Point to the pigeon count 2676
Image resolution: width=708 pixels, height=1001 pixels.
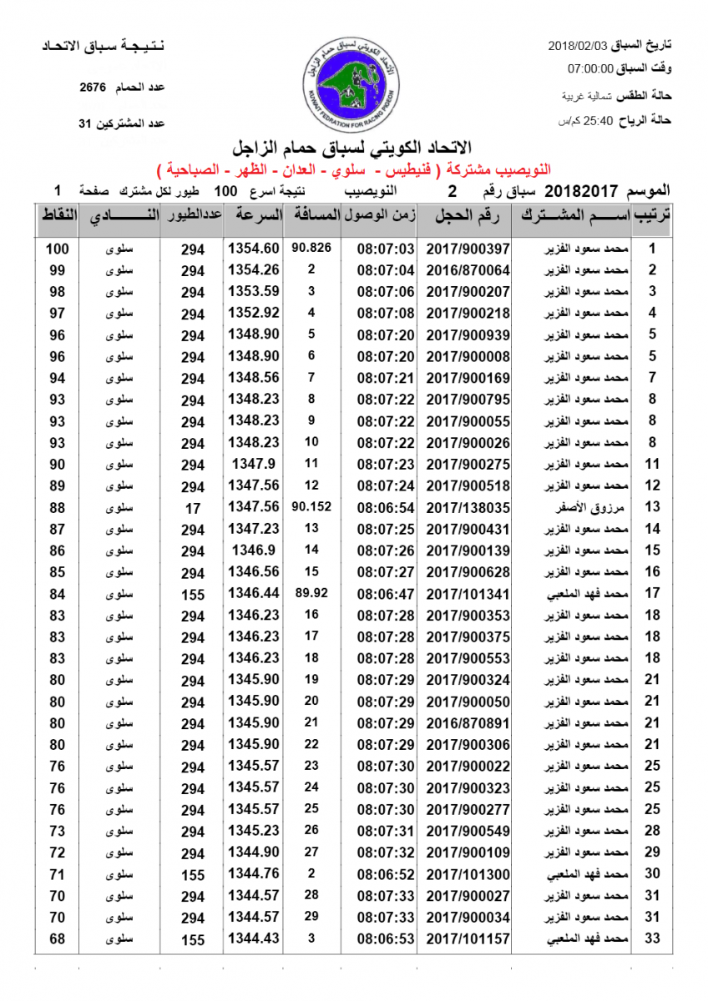click(x=93, y=87)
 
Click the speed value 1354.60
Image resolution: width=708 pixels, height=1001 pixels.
click(x=252, y=249)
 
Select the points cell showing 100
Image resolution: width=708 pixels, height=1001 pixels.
click(x=57, y=249)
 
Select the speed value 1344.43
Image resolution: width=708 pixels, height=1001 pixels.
click(x=252, y=939)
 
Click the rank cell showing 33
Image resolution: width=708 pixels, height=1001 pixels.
click(x=652, y=939)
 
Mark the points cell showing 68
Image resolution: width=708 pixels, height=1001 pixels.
click(x=57, y=939)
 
